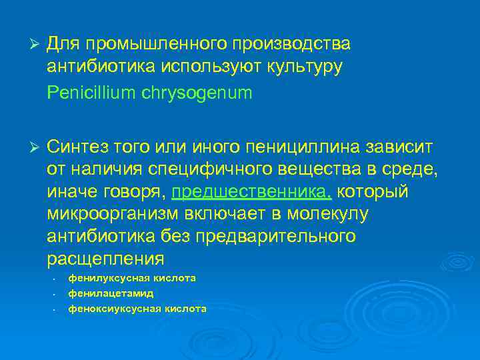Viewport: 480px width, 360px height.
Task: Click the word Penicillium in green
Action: [x=91, y=93]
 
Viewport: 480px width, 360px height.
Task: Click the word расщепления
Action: [x=105, y=259]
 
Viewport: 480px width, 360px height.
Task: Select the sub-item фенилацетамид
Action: [x=111, y=293]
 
